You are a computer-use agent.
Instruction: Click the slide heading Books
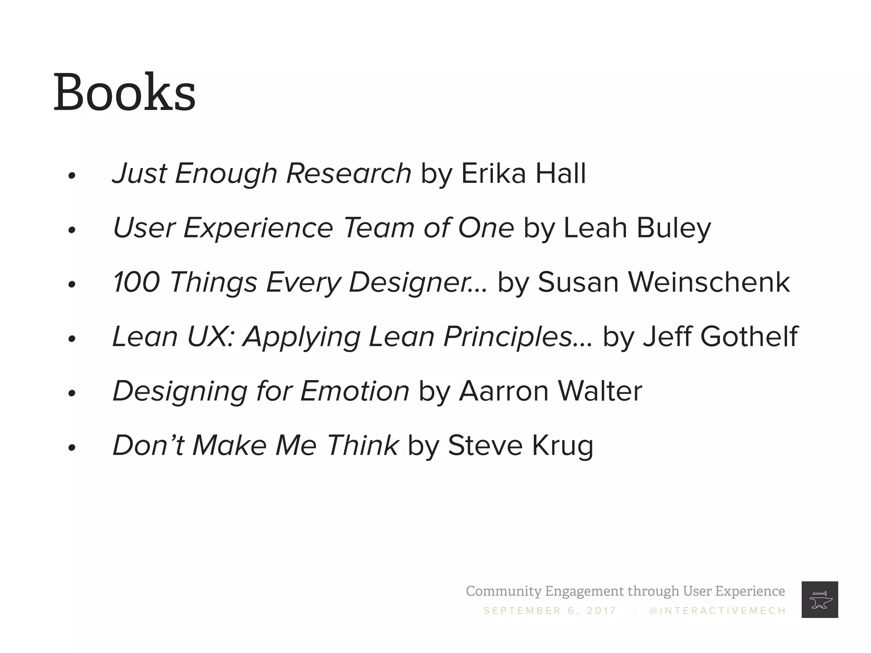(x=124, y=93)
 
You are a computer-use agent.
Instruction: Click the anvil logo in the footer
(x=820, y=599)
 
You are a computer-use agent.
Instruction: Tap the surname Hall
(x=560, y=173)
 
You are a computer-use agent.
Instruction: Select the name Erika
(x=493, y=173)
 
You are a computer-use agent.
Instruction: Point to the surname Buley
(x=674, y=228)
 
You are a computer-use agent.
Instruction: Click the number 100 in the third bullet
(x=137, y=282)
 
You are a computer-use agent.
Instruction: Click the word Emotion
(x=355, y=391)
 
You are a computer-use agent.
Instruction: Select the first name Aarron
(x=504, y=391)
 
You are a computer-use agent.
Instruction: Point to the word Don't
(x=148, y=446)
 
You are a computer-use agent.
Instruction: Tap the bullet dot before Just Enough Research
(x=71, y=176)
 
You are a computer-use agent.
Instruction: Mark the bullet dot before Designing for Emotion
(x=71, y=393)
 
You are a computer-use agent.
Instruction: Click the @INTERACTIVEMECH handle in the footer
(x=717, y=611)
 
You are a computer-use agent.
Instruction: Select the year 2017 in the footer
(x=601, y=611)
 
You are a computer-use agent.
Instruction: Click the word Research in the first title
(x=349, y=173)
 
